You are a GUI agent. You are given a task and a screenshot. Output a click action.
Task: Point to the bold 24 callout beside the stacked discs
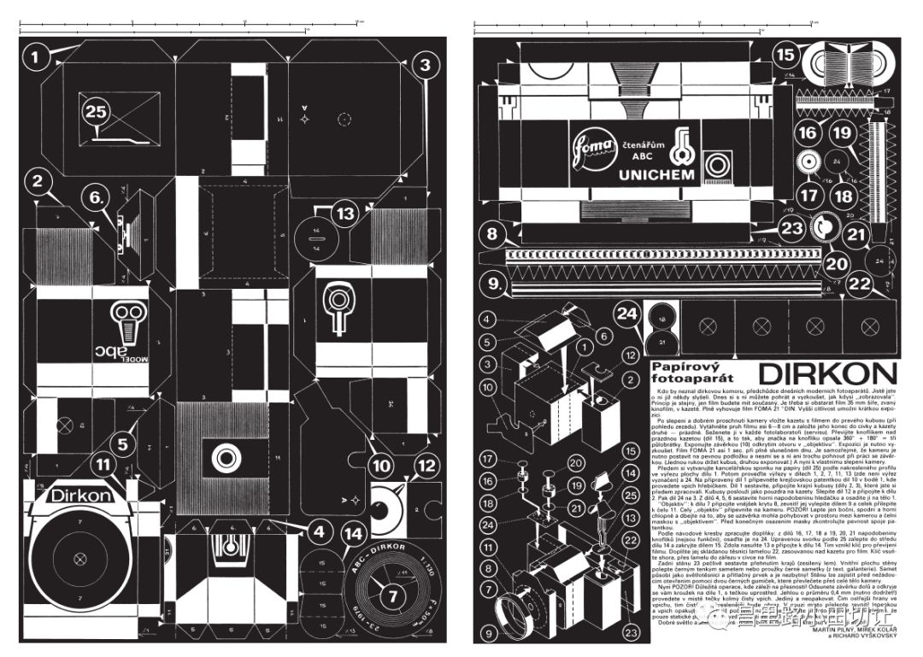coord(627,314)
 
